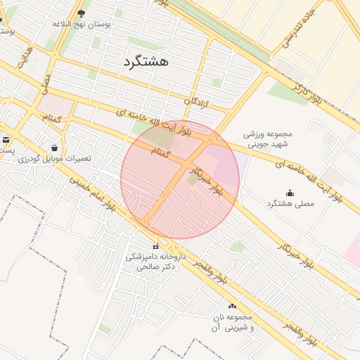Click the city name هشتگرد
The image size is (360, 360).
pyautogui.click(x=146, y=60)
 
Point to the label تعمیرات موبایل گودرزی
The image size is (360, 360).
pyautogui.click(x=56, y=158)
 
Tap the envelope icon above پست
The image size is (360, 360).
pyautogui.click(x=6, y=139)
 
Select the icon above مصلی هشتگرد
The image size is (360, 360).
pyautogui.click(x=290, y=193)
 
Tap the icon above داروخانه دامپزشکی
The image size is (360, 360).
pyautogui.click(x=155, y=247)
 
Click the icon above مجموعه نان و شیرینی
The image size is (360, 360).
pyautogui.click(x=232, y=306)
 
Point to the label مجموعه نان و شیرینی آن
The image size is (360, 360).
pyautogui.click(x=231, y=323)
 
